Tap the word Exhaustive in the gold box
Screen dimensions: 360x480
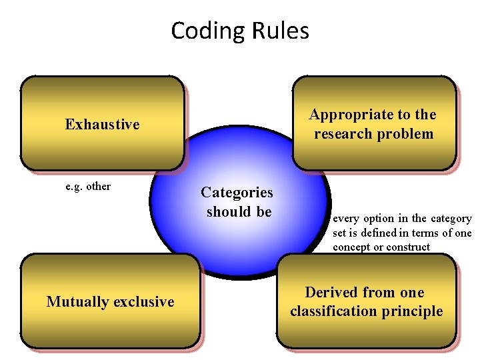(102, 124)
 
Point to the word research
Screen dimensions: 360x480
(343, 133)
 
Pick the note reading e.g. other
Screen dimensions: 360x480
(88, 186)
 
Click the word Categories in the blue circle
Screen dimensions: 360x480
(237, 193)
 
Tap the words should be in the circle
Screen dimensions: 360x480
(239, 211)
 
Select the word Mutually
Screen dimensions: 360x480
(75, 301)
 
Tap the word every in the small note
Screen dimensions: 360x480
(346, 218)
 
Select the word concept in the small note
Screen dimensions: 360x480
(352, 247)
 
